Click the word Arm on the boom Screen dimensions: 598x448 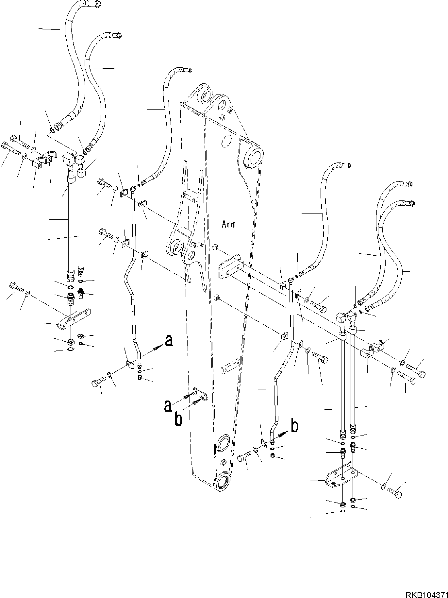tap(228, 224)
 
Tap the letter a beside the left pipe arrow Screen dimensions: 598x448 tap(169, 341)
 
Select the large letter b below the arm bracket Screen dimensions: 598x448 tap(178, 419)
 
